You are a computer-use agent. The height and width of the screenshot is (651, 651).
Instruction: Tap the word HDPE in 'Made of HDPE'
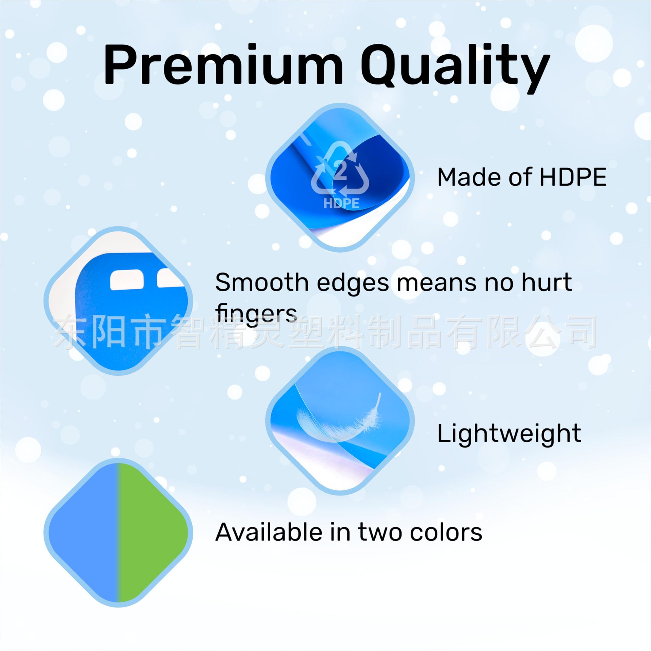coord(573,177)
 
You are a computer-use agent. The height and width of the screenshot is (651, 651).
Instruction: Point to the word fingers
coord(256,314)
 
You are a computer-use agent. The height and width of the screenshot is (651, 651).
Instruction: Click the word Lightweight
coord(509,433)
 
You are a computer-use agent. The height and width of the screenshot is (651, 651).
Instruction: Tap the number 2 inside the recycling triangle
coord(340,171)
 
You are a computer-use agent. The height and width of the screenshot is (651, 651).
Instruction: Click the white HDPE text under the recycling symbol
coord(341,203)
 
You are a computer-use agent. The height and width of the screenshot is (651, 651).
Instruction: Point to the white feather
coord(339,419)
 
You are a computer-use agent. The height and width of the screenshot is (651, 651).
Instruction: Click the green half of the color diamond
coord(153,532)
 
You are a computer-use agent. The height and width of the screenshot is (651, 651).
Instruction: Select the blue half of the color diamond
coord(85,532)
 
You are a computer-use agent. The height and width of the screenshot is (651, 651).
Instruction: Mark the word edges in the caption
coord(353,283)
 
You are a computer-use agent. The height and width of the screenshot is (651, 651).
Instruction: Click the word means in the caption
coord(437,282)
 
